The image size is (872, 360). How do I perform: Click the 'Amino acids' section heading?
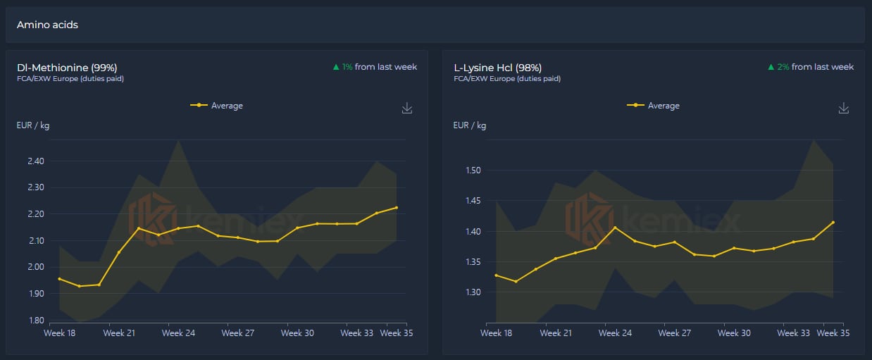click(x=47, y=25)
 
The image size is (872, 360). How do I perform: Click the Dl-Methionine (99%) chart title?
click(x=67, y=68)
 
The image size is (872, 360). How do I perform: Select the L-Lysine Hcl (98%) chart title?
click(x=498, y=68)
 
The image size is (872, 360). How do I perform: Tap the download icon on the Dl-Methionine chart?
click(x=406, y=108)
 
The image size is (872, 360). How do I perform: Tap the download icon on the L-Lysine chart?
click(x=844, y=108)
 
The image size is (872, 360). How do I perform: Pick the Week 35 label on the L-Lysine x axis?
click(x=833, y=333)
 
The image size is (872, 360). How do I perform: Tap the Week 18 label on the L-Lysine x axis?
click(x=496, y=333)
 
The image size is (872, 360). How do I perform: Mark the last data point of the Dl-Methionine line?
click(x=396, y=208)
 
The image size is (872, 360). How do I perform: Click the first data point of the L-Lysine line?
click(x=496, y=275)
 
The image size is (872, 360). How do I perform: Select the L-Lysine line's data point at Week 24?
click(x=616, y=228)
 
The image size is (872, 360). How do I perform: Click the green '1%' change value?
click(x=347, y=67)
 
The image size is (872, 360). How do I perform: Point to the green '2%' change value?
click(x=783, y=67)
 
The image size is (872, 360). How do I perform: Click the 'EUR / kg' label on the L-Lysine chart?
click(x=469, y=126)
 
